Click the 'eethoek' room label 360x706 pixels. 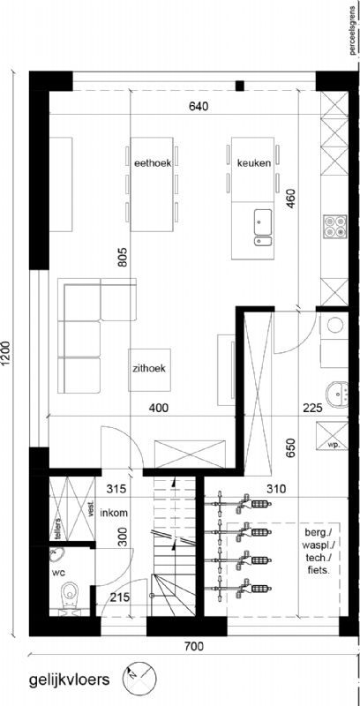[x=153, y=163]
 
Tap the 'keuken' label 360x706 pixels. [x=254, y=163]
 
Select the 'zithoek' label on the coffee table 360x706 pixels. [x=149, y=369]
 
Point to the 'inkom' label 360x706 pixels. [x=115, y=513]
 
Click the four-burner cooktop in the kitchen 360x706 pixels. [x=335, y=227]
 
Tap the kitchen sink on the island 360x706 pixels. [x=262, y=222]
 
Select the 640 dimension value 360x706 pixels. [x=199, y=107]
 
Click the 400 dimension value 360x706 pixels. [x=159, y=409]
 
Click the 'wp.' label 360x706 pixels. [x=333, y=444]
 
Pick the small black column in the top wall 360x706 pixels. [x=240, y=86]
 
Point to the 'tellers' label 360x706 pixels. [x=58, y=527]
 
